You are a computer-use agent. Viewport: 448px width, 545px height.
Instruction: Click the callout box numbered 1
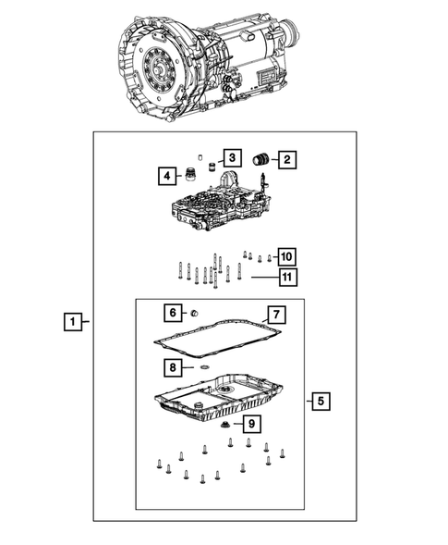pos(70,322)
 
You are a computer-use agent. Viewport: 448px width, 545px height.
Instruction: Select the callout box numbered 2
pos(287,161)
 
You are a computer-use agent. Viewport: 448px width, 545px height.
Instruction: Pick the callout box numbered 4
pos(166,176)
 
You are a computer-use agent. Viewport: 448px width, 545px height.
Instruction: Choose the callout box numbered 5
pos(319,402)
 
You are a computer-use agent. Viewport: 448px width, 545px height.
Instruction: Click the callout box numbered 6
pos(172,312)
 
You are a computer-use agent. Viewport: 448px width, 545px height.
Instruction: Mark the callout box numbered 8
pos(172,367)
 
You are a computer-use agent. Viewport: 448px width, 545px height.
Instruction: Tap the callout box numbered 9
pos(249,424)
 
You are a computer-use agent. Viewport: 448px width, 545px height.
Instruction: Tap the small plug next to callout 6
pos(196,313)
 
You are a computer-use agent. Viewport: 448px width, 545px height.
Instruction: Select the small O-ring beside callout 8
pos(200,368)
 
